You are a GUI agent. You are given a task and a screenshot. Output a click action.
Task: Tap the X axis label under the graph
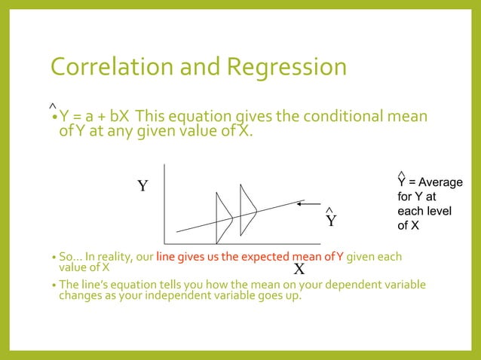299,269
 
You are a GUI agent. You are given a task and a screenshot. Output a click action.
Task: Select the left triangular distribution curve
224,218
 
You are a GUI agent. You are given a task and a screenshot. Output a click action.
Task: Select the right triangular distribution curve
248,208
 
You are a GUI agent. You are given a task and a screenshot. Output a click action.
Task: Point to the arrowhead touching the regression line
300,202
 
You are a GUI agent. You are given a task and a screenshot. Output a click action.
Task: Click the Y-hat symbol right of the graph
330,219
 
